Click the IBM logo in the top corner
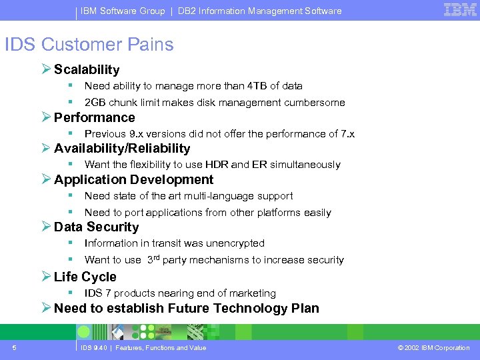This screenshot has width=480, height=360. coord(459,9)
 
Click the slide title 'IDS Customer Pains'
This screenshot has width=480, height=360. coord(89,45)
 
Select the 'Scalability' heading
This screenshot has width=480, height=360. coord(87,69)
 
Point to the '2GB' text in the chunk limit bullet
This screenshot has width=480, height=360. coord(95,103)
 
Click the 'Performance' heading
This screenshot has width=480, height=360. coord(94,117)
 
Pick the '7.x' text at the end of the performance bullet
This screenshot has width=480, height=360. coord(347,134)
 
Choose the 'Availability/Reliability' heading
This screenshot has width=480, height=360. coord(122,148)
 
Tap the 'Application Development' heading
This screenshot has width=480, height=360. coord(133,179)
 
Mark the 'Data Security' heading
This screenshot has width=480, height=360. coord(96,227)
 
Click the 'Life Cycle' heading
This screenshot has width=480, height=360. coord(85,277)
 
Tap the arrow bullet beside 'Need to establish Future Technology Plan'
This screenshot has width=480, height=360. coord(45,308)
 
